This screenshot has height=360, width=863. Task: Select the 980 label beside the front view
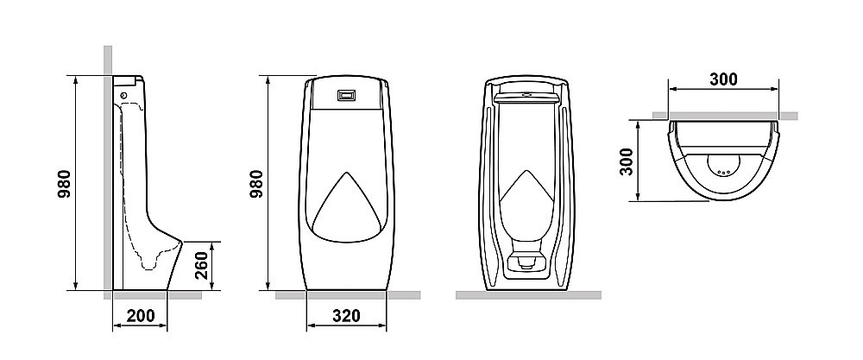[256, 184]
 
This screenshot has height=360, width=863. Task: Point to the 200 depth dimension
[141, 316]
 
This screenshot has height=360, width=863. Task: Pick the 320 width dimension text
[346, 316]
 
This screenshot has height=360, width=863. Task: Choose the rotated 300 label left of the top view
[627, 161]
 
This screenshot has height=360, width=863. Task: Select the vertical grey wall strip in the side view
[107, 173]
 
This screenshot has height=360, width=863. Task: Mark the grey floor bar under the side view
[155, 295]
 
